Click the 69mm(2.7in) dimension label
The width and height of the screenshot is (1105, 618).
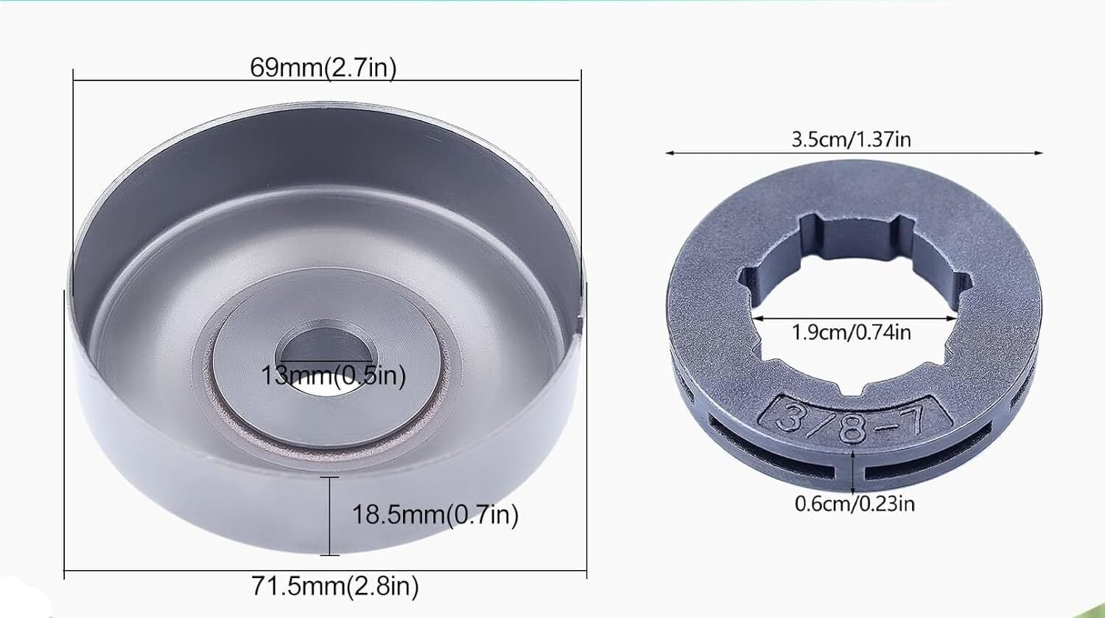click(323, 68)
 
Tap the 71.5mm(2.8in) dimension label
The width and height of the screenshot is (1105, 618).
click(335, 586)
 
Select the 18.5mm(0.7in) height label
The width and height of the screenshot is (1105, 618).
click(435, 515)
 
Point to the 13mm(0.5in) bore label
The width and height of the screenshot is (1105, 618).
click(333, 376)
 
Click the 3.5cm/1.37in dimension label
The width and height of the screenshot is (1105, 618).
click(852, 139)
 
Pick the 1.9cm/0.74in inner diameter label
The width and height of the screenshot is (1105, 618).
click(852, 332)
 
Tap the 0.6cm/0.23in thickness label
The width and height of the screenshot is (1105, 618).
click(855, 504)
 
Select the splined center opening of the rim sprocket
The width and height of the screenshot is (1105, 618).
click(854, 305)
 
